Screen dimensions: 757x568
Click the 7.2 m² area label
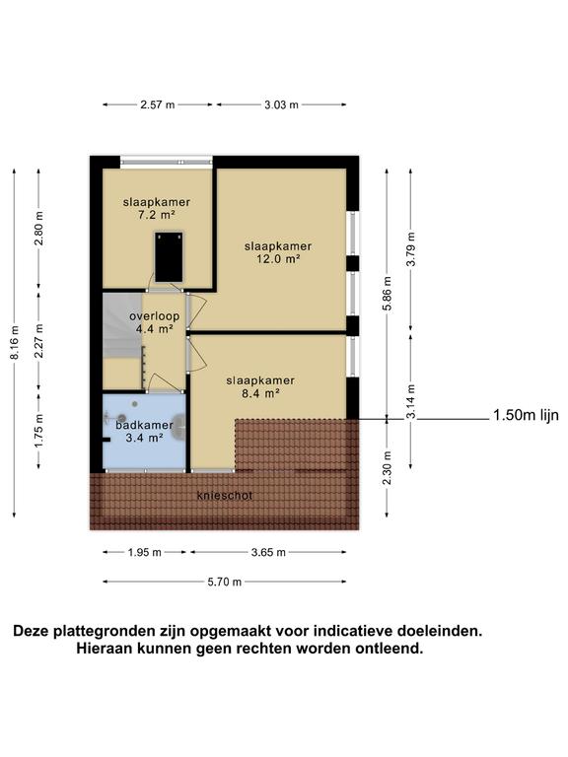[156, 214]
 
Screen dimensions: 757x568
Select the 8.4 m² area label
[259, 392]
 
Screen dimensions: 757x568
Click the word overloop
[153, 315]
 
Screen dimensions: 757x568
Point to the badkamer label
[136, 425]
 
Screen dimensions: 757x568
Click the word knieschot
[225, 496]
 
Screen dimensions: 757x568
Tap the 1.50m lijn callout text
[525, 416]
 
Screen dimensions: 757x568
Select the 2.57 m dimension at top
[158, 103]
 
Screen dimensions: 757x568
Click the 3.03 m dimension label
[280, 103]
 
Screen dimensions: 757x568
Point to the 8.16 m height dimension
[14, 342]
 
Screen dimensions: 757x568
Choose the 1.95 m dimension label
[145, 553]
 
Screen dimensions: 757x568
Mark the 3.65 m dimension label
[267, 553]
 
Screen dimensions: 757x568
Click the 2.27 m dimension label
[39, 343]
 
